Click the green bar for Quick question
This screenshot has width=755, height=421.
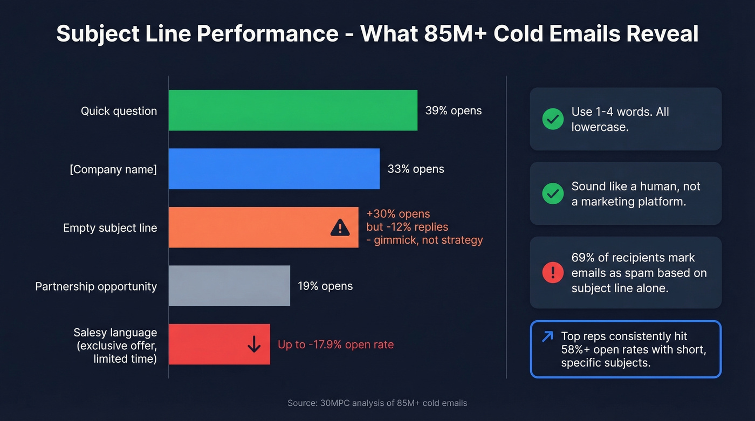(x=293, y=111)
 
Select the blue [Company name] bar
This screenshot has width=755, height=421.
(x=274, y=169)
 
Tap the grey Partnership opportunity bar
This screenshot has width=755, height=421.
(x=229, y=286)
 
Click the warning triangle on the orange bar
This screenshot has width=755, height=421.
(x=340, y=228)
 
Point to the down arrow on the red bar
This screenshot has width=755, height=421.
(x=253, y=344)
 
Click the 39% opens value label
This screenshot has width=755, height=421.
(x=453, y=111)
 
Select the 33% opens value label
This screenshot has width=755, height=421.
(x=415, y=169)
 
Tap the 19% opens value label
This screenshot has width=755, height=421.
(x=325, y=286)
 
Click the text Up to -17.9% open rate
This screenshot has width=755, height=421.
(x=335, y=344)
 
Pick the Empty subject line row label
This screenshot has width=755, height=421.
(x=110, y=227)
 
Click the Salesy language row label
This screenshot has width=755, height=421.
(x=115, y=333)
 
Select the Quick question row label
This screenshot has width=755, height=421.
(x=119, y=111)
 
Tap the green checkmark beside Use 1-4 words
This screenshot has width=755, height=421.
(x=552, y=119)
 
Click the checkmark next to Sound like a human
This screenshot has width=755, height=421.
(x=552, y=194)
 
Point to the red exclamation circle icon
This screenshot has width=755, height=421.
(x=552, y=273)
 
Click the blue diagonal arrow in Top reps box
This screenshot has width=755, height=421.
(x=547, y=337)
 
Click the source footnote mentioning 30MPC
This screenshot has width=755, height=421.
(x=377, y=403)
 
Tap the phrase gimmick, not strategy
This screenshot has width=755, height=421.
(x=429, y=240)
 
